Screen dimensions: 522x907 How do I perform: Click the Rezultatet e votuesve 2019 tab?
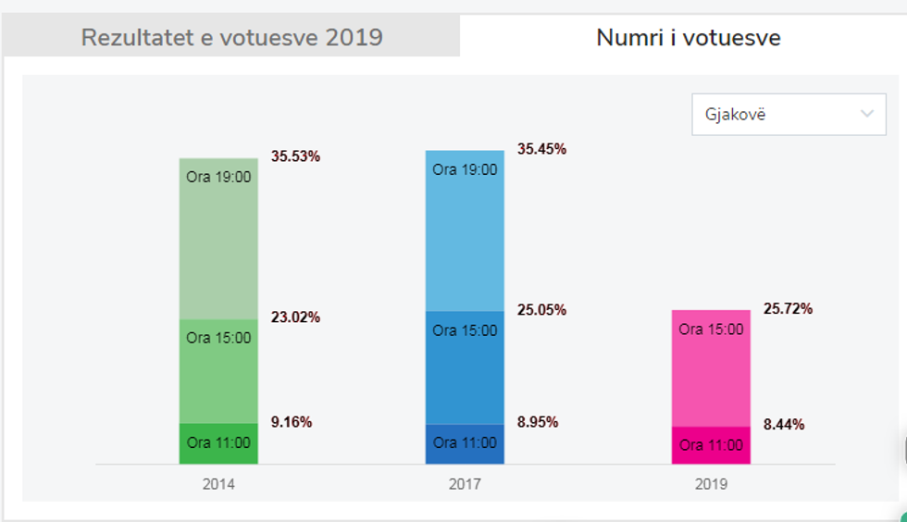[x=231, y=38]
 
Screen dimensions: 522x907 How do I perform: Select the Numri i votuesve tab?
[x=688, y=38]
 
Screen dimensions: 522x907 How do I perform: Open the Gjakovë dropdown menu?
[x=788, y=114]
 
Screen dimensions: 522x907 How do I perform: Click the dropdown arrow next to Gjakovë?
[x=867, y=114]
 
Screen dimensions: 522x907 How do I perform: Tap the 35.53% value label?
[x=295, y=156]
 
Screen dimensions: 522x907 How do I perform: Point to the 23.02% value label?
[x=295, y=317]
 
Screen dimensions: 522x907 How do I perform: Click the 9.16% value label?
[x=292, y=422]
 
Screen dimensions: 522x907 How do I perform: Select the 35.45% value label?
[x=541, y=149]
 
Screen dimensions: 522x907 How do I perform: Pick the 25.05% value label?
[x=541, y=310]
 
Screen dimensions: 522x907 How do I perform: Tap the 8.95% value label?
[x=538, y=422]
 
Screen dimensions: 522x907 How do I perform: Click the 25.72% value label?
[x=788, y=308]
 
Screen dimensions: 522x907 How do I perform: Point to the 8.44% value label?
[x=784, y=425]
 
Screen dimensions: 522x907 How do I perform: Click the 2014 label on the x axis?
[x=218, y=484]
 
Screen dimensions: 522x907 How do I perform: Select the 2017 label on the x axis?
[x=465, y=484]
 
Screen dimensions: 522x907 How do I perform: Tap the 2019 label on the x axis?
[x=711, y=484]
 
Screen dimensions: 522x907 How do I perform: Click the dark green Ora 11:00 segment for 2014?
[x=218, y=443]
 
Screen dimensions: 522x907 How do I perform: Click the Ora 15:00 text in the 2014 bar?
[x=218, y=338]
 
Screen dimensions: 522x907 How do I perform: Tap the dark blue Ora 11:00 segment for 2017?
[x=465, y=443]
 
